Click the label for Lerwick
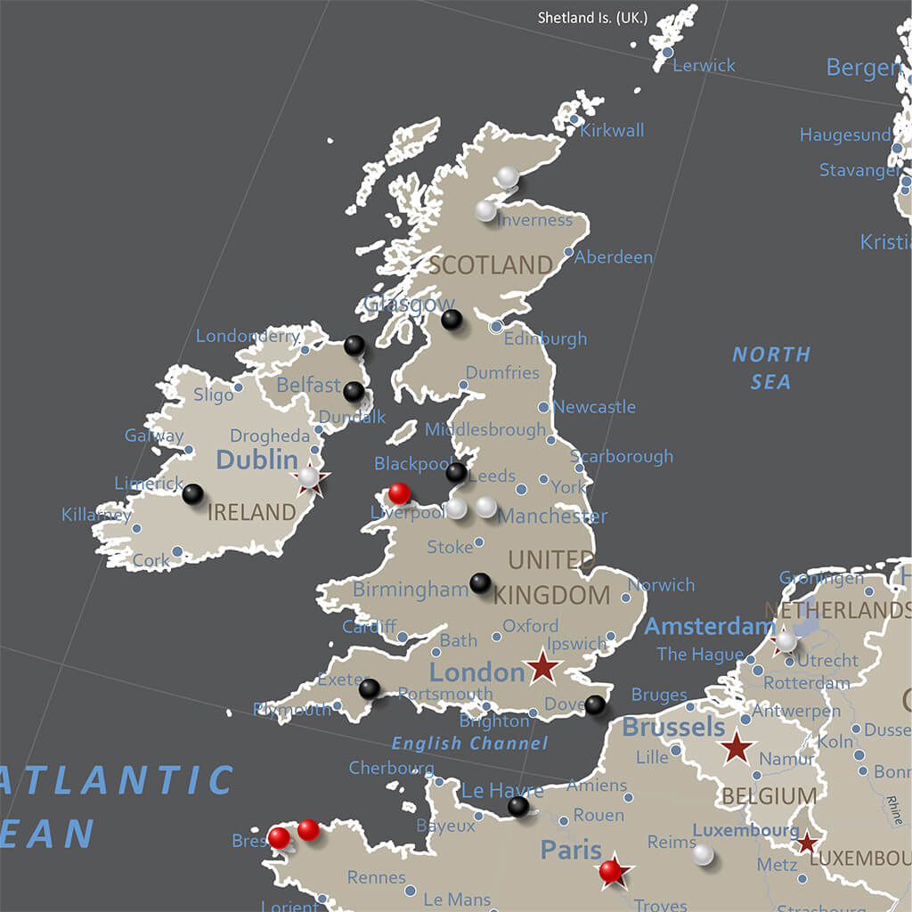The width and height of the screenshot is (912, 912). pyautogui.click(x=704, y=65)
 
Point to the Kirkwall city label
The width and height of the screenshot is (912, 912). pyautogui.click(x=612, y=131)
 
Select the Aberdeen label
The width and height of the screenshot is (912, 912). pyautogui.click(x=614, y=257)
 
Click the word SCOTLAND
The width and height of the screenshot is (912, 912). pyautogui.click(x=491, y=265)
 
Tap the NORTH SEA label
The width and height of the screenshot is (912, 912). pyautogui.click(x=771, y=368)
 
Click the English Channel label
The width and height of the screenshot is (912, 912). pyautogui.click(x=469, y=743)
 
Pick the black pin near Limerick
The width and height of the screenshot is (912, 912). pyautogui.click(x=192, y=493)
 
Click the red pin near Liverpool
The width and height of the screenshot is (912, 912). pyautogui.click(x=400, y=493)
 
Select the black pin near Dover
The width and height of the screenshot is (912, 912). pyautogui.click(x=595, y=705)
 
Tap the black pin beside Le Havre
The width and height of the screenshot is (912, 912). pyautogui.click(x=518, y=806)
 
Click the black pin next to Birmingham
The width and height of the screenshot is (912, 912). pyautogui.click(x=480, y=582)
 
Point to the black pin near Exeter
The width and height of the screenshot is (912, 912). pyautogui.click(x=369, y=688)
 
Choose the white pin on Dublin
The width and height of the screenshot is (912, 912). pyautogui.click(x=308, y=477)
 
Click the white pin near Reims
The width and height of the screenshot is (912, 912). pyautogui.click(x=704, y=854)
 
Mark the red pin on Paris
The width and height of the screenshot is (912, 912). pyautogui.click(x=610, y=870)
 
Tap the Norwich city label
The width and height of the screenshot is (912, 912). pyautogui.click(x=661, y=585)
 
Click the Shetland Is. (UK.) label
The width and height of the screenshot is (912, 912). pyautogui.click(x=592, y=18)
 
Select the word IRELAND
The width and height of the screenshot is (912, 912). pyautogui.click(x=251, y=512)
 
